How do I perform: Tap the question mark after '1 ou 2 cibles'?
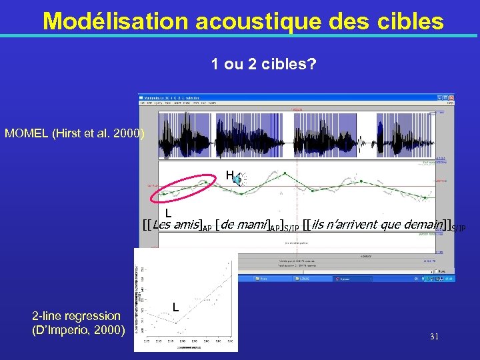pos(313,65)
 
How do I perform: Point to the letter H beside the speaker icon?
pos(229,175)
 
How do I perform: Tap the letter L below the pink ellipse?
pos(169,213)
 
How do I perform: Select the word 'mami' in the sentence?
pos(255,224)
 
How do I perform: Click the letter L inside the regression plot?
pos(175,307)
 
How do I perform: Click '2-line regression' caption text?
pos(77,315)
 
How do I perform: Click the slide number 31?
pos(434,337)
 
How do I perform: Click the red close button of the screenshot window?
pos(452,98)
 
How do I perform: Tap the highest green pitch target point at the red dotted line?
pos(285,173)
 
